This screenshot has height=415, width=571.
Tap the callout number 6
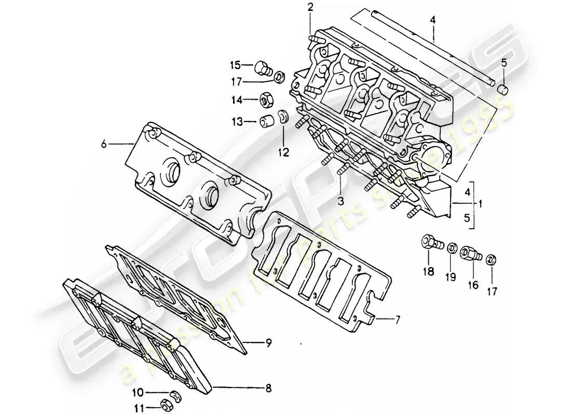coord(104,145)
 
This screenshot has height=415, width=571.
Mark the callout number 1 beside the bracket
coord(480,204)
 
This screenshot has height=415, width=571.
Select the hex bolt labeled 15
coord(264,67)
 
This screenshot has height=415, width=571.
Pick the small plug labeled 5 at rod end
coord(502,90)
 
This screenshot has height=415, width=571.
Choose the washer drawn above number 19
coord(452,245)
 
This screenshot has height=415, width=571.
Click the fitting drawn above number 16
coord(471,253)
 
